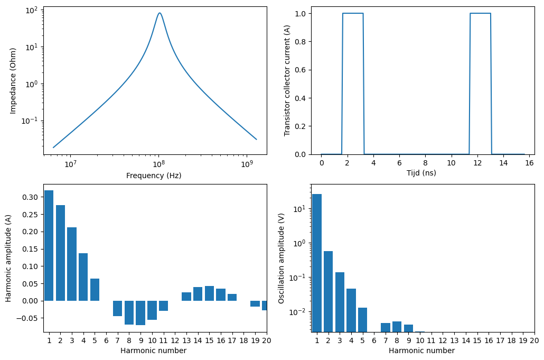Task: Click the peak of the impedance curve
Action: tap(160, 13)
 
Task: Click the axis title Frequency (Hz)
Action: tap(154, 176)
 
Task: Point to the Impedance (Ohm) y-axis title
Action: tap(13, 80)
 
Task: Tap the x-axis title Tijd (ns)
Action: tap(421, 173)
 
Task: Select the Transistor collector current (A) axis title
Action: tap(287, 80)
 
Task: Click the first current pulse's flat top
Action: tap(353, 13)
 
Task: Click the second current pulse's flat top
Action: tap(480, 13)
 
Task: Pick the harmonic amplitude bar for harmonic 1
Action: tap(49, 245)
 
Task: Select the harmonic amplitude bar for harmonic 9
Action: tap(140, 312)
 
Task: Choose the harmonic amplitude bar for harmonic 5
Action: tap(95, 290)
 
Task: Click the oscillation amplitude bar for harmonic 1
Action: tap(317, 263)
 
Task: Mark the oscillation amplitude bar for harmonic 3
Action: tap(340, 302)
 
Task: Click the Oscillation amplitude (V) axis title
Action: tap(282, 258)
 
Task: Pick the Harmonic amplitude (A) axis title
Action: tap(9, 258)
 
